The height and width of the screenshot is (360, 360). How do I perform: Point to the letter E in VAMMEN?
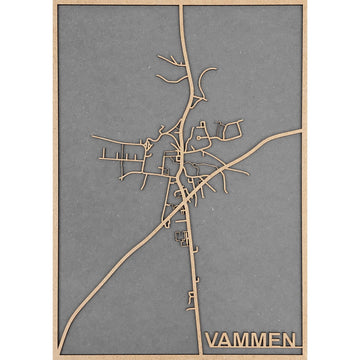273,340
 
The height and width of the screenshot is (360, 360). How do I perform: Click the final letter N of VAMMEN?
288,340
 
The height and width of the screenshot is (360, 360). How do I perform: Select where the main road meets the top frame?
180,6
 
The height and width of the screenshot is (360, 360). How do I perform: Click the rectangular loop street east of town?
230,128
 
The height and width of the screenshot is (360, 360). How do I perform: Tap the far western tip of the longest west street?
92,136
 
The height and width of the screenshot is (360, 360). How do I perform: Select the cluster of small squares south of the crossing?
181,237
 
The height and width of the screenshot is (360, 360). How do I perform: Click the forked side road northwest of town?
170,70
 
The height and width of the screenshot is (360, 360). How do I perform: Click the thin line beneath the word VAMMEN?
250,352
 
